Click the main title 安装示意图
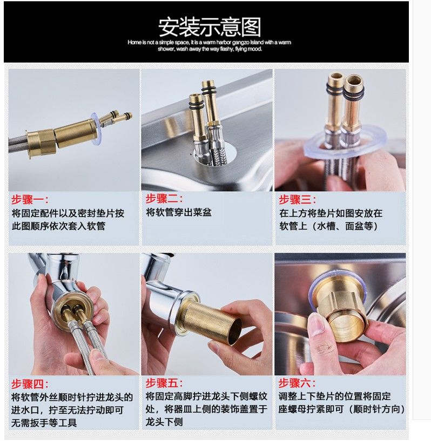point(210,27)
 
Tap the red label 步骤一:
point(30,200)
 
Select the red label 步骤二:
point(164,199)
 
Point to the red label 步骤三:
point(297,200)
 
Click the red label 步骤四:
point(30,384)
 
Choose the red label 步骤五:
point(164,383)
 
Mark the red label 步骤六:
point(297,383)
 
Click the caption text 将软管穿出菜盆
point(179,212)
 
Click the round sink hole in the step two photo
point(231,153)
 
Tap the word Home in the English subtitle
point(134,43)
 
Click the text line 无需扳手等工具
point(44,423)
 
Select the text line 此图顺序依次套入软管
point(58,226)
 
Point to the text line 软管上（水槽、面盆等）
point(328,226)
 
